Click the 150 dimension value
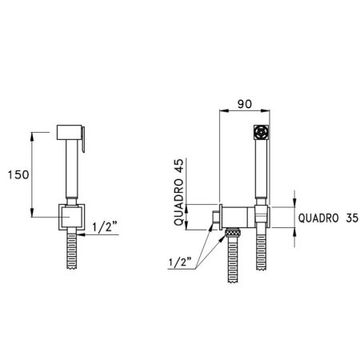18,175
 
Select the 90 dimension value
245,104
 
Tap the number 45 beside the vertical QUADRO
178,166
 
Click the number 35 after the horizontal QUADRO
352,218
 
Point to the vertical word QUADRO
178,202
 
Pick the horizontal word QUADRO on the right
318,218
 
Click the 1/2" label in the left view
105,227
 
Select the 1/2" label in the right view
181,262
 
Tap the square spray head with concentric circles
261,132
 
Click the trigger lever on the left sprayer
83,139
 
